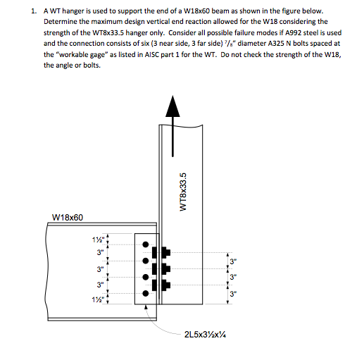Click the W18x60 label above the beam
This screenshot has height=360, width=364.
point(68,217)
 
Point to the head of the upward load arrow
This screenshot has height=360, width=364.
point(170,106)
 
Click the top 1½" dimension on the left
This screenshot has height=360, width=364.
point(100,237)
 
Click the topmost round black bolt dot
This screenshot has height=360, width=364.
point(146,244)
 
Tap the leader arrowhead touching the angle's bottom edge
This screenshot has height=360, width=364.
point(148,308)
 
